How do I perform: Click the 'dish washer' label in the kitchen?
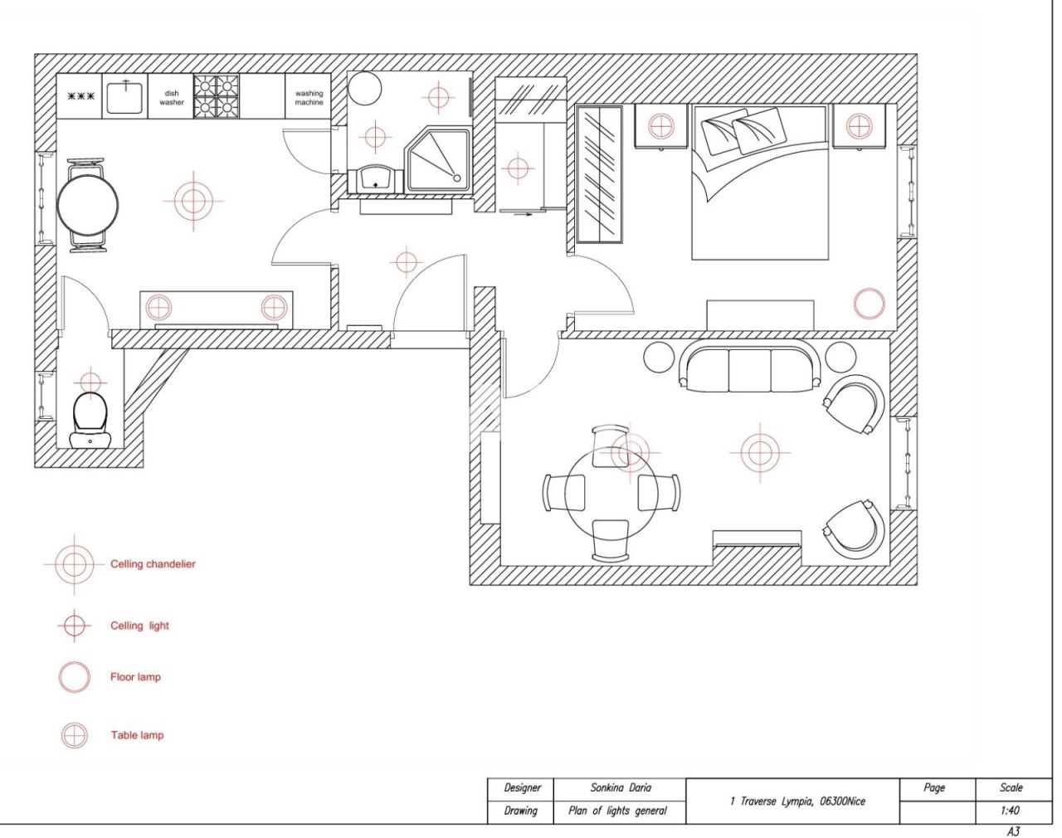point(172,98)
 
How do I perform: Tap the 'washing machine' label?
point(309,98)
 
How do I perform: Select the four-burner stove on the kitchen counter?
point(217,97)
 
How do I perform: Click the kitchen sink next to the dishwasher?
point(126,97)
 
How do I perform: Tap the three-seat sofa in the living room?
point(750,368)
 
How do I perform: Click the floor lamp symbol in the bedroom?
point(869,305)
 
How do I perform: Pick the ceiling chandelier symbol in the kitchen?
point(192,201)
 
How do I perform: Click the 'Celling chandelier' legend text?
point(153,564)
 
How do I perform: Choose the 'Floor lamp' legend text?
point(135,677)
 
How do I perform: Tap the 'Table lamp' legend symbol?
point(74,735)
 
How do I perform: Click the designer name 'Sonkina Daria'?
point(621,788)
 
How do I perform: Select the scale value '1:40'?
point(1010,811)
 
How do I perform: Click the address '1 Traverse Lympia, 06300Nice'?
point(796,801)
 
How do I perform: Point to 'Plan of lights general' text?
point(617,811)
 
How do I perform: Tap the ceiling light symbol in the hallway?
point(405,262)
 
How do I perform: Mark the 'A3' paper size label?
point(1012,831)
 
